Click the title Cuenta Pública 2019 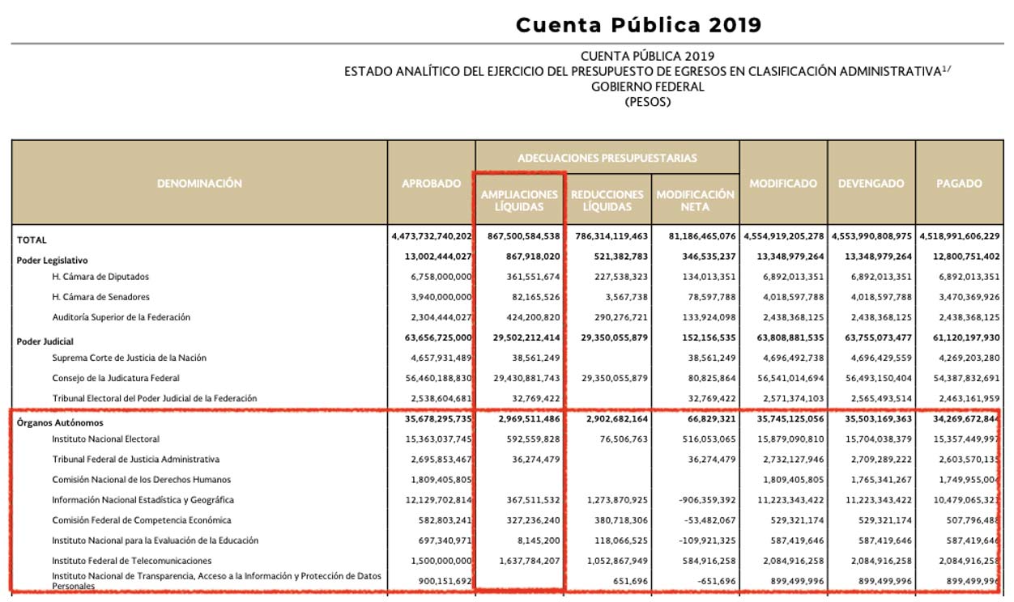coord(638,24)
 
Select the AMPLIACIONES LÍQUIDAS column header coord(519,201)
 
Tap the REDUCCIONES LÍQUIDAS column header coord(607,201)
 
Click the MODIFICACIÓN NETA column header coord(695,201)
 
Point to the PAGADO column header coord(959,184)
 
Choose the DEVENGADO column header coord(871,184)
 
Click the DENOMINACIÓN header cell coord(199,184)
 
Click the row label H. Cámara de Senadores coord(101,297)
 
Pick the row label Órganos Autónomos coord(60,422)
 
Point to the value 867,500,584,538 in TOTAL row coord(520,237)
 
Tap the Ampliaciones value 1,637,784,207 coord(520,561)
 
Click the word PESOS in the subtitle coord(648,102)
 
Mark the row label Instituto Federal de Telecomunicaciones coord(132,561)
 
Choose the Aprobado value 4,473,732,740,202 coord(431,237)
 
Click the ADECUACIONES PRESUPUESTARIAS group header coord(607,158)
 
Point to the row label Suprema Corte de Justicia coord(130,358)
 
